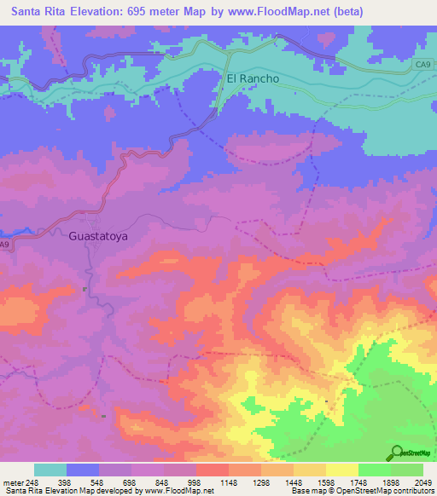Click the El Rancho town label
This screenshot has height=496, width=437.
[253, 78]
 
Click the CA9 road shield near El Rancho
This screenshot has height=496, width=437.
[424, 64]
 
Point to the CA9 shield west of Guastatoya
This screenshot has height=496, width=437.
[4, 245]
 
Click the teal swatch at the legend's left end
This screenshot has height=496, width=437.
[50, 470]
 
